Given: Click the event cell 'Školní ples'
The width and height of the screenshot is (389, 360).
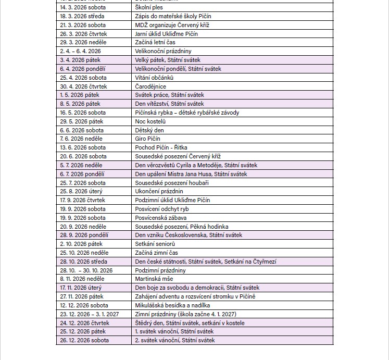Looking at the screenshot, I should pos(149,7).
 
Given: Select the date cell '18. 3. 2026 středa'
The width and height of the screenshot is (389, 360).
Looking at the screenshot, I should pos(82,16).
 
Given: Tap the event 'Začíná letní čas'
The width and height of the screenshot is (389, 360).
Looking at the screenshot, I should pos(155,42).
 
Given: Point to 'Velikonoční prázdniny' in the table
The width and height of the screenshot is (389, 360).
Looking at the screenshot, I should pos(163,51).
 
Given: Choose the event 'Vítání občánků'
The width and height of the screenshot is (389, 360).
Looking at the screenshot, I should pos(154,78).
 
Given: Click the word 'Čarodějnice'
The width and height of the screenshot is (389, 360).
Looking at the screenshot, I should pos(150,86).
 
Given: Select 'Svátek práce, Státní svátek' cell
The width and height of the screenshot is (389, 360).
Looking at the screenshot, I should pos(169,95).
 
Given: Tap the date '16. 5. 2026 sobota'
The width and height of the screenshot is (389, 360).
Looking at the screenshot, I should pos(83,113).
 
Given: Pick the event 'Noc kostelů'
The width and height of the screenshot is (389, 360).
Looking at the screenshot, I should pos(150,121).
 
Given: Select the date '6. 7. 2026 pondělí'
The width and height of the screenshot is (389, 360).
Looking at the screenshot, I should pos(82,174).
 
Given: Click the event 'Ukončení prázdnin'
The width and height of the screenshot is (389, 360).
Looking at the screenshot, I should pos(159,191).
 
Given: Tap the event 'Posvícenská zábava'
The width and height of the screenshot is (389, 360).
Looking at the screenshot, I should pos(161,218).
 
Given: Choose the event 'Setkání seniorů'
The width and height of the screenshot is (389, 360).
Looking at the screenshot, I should pos(155,244).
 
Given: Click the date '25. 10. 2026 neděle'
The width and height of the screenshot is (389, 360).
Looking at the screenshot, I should pos(84,253).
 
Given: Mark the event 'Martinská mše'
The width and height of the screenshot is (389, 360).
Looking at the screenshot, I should pos(154,279).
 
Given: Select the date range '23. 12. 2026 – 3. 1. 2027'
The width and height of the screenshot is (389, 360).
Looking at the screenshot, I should pos(90,314).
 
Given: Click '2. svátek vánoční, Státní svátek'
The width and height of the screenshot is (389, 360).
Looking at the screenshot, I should pos(174,340).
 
